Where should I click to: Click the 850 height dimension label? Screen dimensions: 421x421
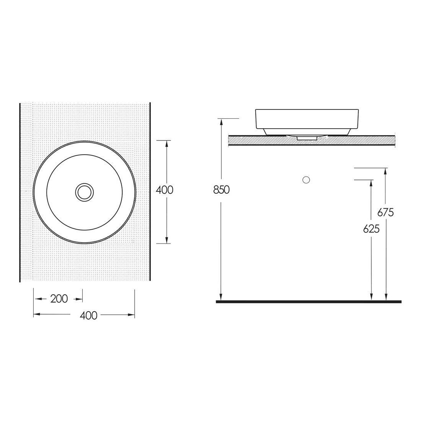point(222,190)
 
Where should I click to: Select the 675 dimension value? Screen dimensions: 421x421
point(385,212)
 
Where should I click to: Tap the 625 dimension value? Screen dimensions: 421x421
point(371,229)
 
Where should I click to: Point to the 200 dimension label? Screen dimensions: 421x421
point(59,299)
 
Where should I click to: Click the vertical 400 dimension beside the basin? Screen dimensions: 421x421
point(165,190)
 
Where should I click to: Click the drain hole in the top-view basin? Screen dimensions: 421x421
point(85,192)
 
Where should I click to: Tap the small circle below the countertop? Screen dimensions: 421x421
point(306,179)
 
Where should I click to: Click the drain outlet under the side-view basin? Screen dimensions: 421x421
point(307,137)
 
